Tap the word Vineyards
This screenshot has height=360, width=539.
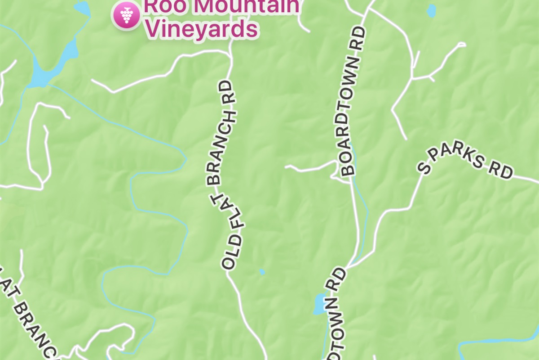click(x=203, y=29)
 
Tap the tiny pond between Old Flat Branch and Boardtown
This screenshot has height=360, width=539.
click(x=262, y=272)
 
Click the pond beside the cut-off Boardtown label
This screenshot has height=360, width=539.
click(x=319, y=304)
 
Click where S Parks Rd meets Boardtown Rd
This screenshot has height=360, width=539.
click(x=348, y=266)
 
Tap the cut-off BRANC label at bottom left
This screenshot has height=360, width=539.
click(x=34, y=328)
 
